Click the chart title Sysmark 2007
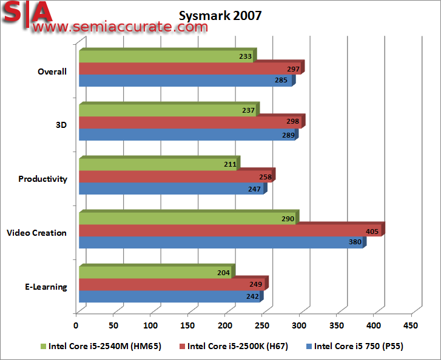[221, 15]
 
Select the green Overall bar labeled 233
[167, 56]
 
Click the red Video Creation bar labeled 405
[231, 231]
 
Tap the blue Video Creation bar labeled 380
[221, 242]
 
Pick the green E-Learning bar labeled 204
[156, 273]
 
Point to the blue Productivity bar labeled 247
[172, 189]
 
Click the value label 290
[288, 219]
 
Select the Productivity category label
[42, 179]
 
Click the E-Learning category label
[46, 287]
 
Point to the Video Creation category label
[36, 233]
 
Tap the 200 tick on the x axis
[225, 325]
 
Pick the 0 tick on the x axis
[76, 325]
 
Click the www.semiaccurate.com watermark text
[118, 27]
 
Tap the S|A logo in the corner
[27, 11]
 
